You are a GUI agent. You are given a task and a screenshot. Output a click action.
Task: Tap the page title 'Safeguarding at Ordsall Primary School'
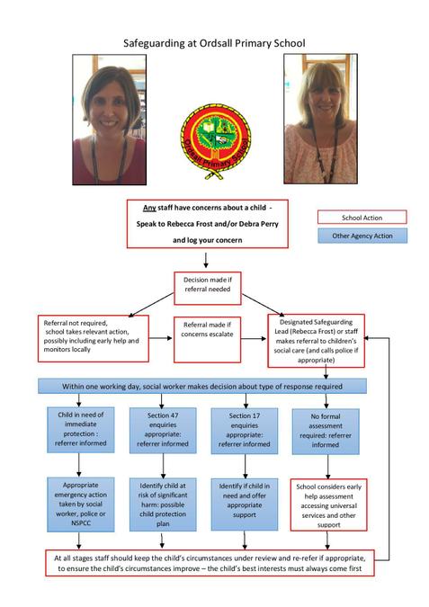pos(214,43)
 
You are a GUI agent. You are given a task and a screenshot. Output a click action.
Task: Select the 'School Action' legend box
pos(362,218)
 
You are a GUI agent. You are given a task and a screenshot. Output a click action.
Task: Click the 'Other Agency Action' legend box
pos(362,236)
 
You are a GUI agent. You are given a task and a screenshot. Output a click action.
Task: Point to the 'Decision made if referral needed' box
pos(208,288)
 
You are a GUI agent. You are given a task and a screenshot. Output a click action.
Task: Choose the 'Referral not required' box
pos(94,338)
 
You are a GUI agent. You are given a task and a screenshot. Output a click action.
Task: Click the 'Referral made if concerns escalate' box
pos(207,340)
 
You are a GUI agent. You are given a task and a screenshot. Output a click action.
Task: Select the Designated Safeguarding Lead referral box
pos(316,341)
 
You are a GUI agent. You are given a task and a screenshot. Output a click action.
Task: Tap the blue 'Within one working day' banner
pos(202,387)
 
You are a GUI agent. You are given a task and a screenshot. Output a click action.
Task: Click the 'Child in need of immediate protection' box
pos(81,429)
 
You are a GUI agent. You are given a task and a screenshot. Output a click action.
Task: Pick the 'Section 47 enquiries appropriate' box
pos(163,430)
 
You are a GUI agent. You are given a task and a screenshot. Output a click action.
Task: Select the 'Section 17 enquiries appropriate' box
pos(245,431)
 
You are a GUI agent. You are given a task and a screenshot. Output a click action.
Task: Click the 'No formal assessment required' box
pos(326,432)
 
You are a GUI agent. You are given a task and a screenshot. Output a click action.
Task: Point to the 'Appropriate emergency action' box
pos(81,504)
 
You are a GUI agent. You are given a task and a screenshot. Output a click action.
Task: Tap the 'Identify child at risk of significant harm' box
pos(163,504)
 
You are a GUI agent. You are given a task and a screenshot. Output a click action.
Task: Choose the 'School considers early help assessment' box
pos(328,504)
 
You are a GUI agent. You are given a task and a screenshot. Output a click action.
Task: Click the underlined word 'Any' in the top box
pos(149,208)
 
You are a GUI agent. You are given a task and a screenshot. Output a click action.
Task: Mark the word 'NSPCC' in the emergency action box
pos(81,523)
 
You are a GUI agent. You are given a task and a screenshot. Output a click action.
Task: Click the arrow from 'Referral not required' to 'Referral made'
pos(161,338)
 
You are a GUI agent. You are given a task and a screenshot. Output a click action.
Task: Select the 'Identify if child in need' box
pos(245,504)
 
